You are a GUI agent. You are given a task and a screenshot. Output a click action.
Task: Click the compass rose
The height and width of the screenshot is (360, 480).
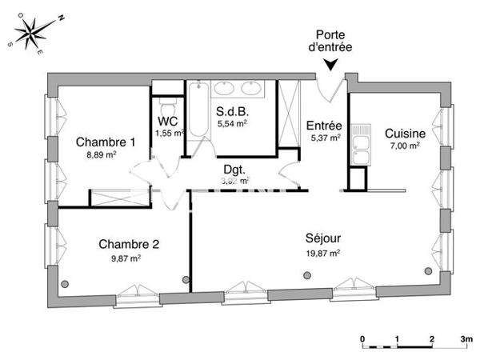(x=32, y=33)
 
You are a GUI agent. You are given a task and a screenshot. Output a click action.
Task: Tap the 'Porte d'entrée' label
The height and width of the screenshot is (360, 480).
(x=331, y=42)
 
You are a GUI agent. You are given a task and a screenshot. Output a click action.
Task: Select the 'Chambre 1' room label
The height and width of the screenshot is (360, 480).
(x=106, y=142)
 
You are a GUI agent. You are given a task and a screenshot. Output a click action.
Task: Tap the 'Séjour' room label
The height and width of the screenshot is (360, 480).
(x=322, y=238)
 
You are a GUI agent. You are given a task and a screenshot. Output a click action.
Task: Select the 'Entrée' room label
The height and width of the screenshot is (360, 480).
(x=325, y=126)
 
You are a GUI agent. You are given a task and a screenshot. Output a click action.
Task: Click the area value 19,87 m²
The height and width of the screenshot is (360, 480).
(x=322, y=253)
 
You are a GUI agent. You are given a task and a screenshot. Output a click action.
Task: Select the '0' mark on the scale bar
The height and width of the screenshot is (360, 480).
(x=362, y=339)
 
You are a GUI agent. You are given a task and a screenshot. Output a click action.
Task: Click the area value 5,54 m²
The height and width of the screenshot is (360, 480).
(x=231, y=124)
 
